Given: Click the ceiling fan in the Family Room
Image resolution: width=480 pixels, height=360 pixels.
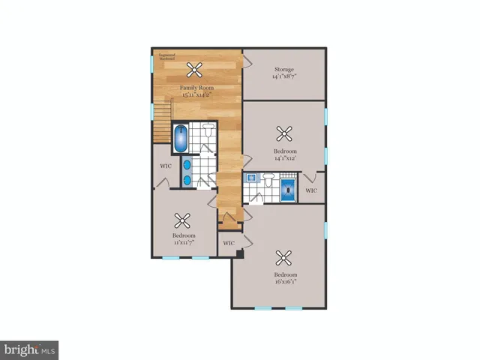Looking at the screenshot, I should point(195,70).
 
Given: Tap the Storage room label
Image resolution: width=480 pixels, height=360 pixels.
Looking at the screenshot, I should point(283,70).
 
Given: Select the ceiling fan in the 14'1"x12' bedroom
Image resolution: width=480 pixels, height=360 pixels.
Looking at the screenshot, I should point(284,134).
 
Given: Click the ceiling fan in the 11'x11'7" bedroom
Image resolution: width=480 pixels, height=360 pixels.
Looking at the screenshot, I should point(182,220).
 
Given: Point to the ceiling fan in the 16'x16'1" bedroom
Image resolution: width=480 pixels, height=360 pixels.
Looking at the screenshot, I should point(284,258).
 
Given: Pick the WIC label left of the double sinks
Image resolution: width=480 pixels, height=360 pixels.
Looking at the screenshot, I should point(166,166).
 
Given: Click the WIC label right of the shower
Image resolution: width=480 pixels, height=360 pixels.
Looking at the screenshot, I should point(312,190).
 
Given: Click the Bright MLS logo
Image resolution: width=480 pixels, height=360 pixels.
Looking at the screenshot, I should point(29,349).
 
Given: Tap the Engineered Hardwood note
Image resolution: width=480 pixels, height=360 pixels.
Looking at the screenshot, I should point(166,55).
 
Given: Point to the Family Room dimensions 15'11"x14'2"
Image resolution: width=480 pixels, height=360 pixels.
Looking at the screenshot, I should point(195,95).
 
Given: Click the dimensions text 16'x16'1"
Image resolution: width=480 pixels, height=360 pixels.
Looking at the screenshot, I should point(285,282).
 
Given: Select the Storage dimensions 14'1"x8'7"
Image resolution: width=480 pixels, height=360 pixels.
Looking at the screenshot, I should point(283,76).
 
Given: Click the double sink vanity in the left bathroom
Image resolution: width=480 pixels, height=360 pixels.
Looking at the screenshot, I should point(186,171).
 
